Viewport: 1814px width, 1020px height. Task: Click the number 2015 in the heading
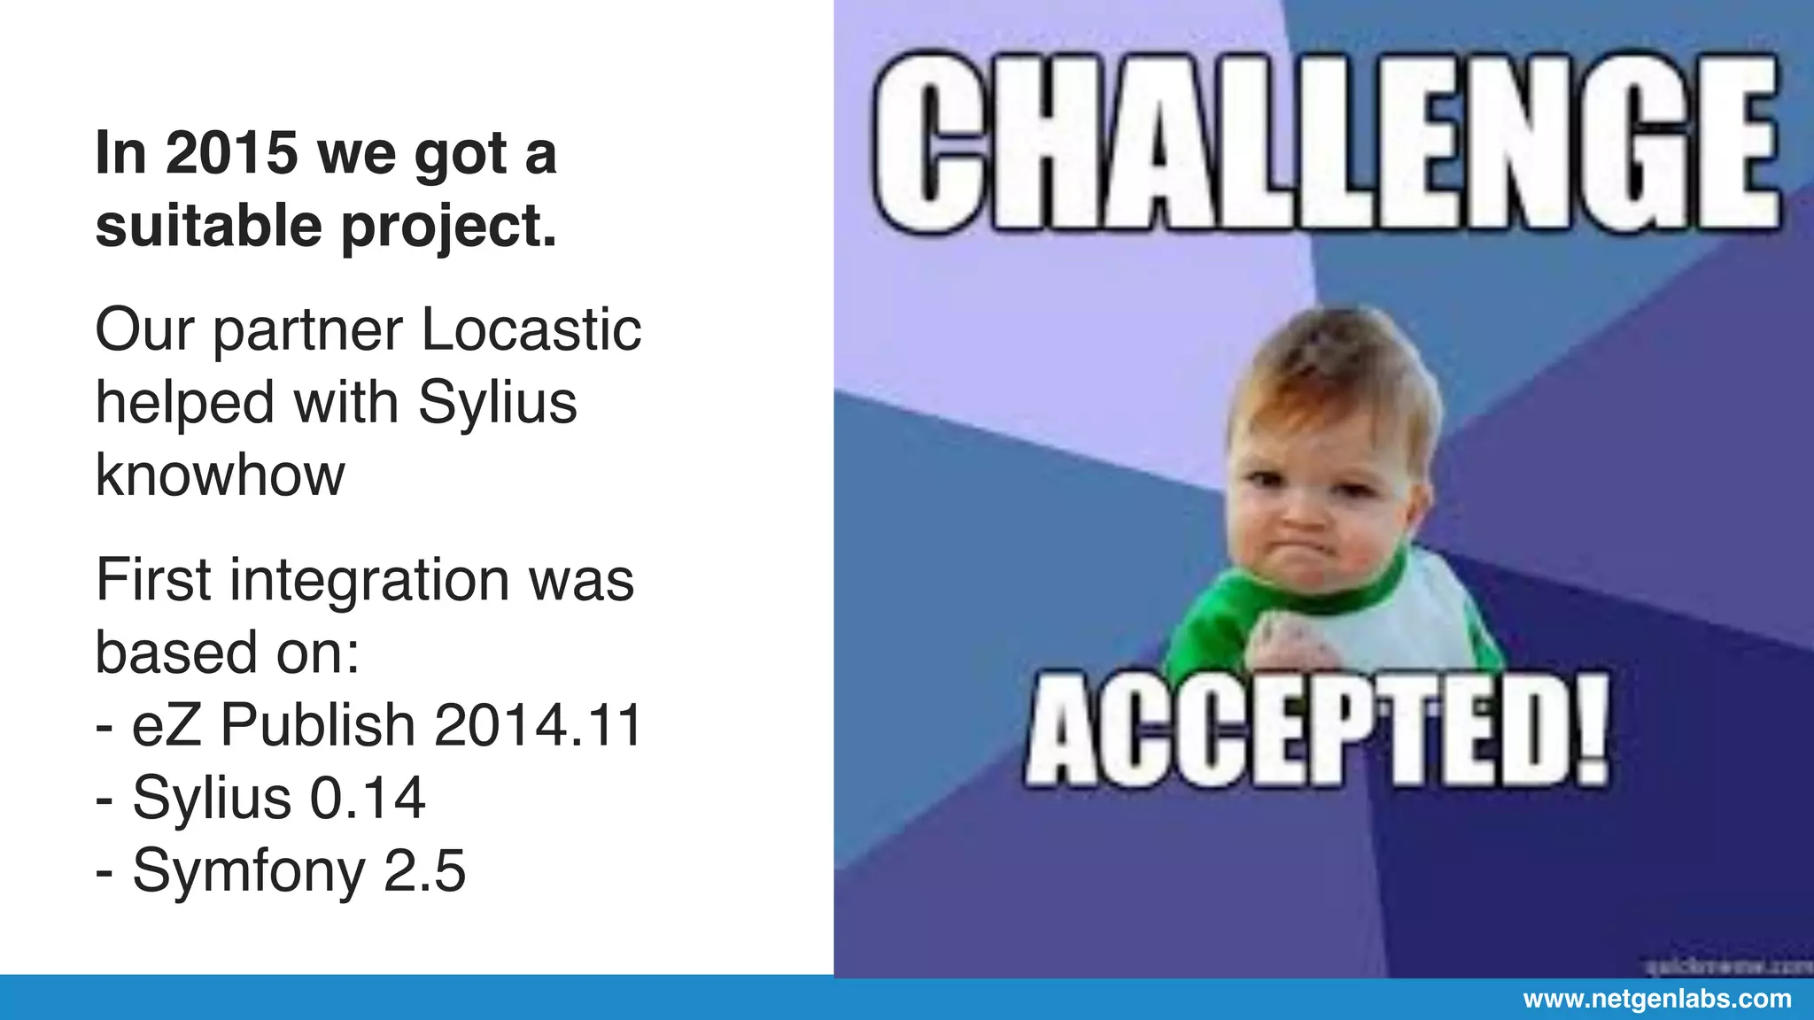point(231,153)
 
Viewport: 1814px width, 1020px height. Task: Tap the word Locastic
point(531,330)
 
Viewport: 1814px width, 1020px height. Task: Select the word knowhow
point(220,475)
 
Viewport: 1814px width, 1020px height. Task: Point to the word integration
point(369,582)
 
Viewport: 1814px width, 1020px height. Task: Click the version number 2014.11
point(538,725)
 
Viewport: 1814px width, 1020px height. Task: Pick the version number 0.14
point(368,798)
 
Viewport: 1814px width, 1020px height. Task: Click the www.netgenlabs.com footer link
point(1656,1000)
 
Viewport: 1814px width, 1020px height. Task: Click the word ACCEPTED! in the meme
point(1317,730)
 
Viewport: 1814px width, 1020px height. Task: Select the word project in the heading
point(449,228)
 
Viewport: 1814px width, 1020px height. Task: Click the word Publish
point(317,725)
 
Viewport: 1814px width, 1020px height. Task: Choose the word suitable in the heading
point(208,226)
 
